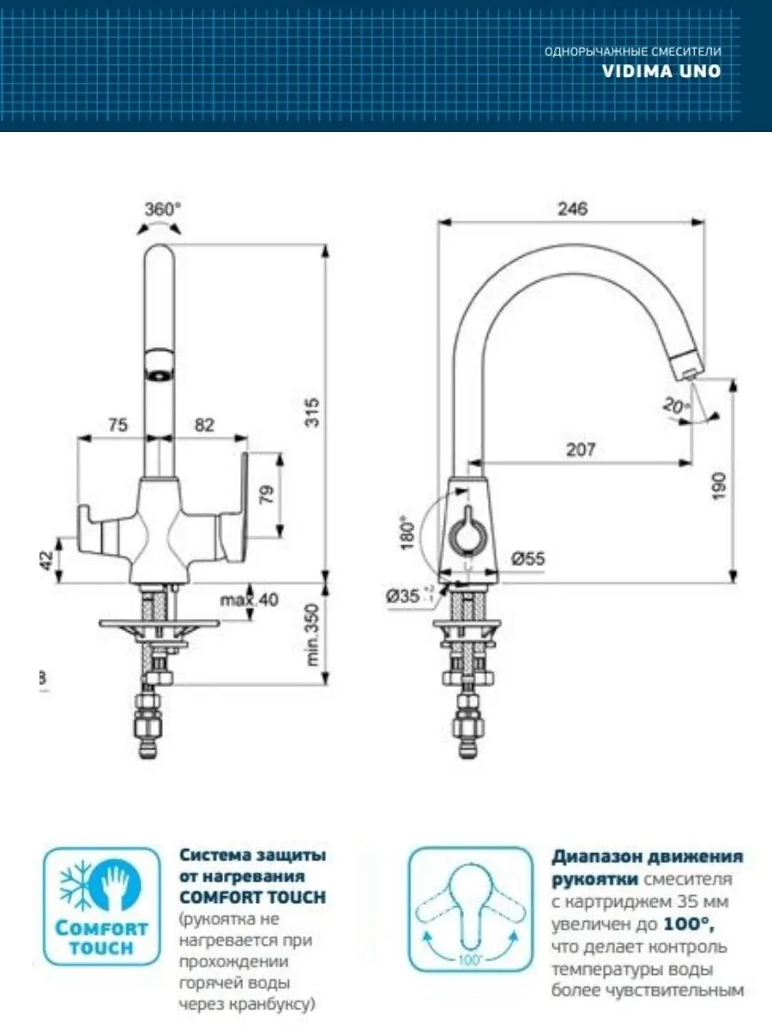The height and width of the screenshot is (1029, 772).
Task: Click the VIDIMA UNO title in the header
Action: coord(661,71)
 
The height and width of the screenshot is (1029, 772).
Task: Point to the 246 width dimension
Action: coord(571,208)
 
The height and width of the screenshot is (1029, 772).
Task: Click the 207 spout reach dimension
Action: coord(581,449)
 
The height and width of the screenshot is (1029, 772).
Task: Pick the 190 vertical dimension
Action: coord(719,485)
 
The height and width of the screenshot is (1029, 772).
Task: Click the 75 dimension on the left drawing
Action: coord(119,424)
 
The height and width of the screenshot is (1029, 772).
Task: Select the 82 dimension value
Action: coord(204,424)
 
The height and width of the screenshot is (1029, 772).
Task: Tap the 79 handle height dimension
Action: coord(266,496)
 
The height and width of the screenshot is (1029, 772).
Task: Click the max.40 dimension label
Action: coord(249,599)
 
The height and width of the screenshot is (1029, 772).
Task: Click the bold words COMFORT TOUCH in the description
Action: coord(252,897)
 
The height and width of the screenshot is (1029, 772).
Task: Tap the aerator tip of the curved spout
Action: coord(688,368)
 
